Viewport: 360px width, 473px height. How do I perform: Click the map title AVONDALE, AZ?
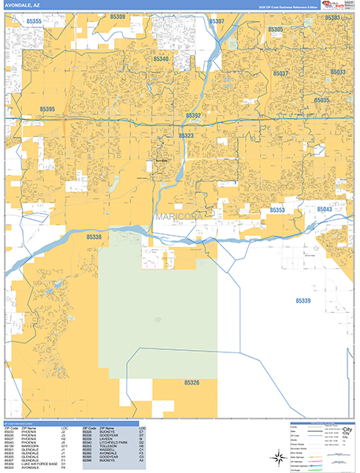(21, 6)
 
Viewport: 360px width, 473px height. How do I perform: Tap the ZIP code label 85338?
(94, 236)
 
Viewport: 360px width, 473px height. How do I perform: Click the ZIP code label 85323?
(186, 136)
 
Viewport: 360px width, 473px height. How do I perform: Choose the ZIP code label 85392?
(194, 116)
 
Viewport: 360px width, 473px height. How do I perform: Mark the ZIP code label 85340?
(161, 59)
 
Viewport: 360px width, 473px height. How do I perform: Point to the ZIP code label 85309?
(117, 17)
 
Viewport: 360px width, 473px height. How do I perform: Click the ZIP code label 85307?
(217, 21)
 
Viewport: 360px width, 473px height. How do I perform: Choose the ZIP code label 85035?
(322, 100)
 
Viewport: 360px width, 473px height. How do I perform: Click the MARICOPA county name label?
(178, 215)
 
